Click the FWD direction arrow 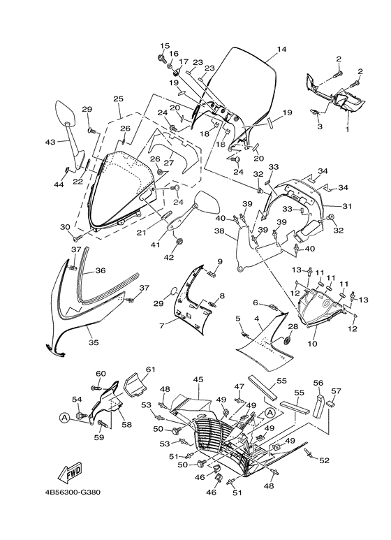(x=69, y=470)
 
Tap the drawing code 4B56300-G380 (x=73, y=492)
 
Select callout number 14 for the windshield (x=281, y=49)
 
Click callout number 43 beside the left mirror (x=50, y=142)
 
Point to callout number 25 (x=118, y=98)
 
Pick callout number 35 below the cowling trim (x=94, y=342)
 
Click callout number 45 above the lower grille (x=198, y=379)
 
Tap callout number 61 (x=150, y=369)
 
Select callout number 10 (x=312, y=344)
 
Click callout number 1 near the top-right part (x=347, y=129)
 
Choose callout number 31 (x=346, y=206)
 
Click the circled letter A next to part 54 (x=64, y=418)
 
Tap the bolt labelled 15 (x=161, y=57)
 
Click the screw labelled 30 (x=78, y=236)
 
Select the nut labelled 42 (x=179, y=242)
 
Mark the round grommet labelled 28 (x=288, y=340)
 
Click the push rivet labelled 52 (x=309, y=453)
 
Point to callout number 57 (x=336, y=391)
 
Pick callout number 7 (x=162, y=325)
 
